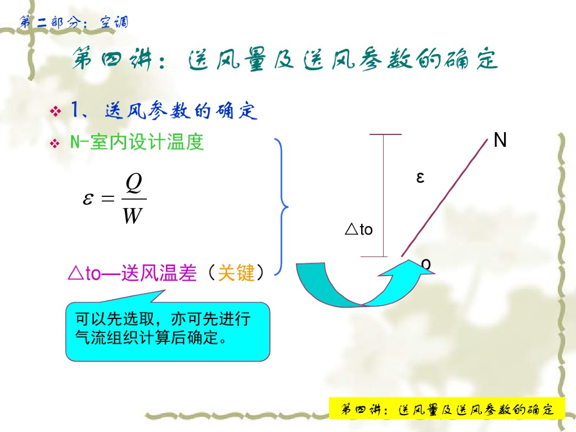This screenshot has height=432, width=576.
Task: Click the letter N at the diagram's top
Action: point(500,139)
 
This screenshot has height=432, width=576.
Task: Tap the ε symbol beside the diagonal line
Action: point(420,177)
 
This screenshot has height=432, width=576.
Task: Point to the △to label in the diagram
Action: point(358,229)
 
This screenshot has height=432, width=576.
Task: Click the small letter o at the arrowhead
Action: point(426,264)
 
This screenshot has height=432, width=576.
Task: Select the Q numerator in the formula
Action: point(133,183)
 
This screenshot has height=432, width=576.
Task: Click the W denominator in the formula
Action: point(132,215)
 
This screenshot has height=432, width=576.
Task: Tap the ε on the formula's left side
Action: point(88,199)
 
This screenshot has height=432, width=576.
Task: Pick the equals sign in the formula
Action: point(107,199)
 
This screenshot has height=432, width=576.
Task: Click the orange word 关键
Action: point(236,273)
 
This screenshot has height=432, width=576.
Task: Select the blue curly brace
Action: point(282,207)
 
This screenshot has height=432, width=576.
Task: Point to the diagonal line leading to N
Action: point(444,197)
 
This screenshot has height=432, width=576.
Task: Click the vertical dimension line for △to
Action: point(384,195)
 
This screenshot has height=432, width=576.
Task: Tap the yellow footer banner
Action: point(447,408)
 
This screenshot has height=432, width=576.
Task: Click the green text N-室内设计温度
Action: point(137,142)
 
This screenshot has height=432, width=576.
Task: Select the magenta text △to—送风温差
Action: point(132,273)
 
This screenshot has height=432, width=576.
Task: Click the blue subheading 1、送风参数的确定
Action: point(164,110)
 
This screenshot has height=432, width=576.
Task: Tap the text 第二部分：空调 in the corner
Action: point(74,22)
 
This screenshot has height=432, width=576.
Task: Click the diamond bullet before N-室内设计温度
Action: point(55,142)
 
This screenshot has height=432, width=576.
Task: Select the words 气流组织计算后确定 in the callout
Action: point(146,337)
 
